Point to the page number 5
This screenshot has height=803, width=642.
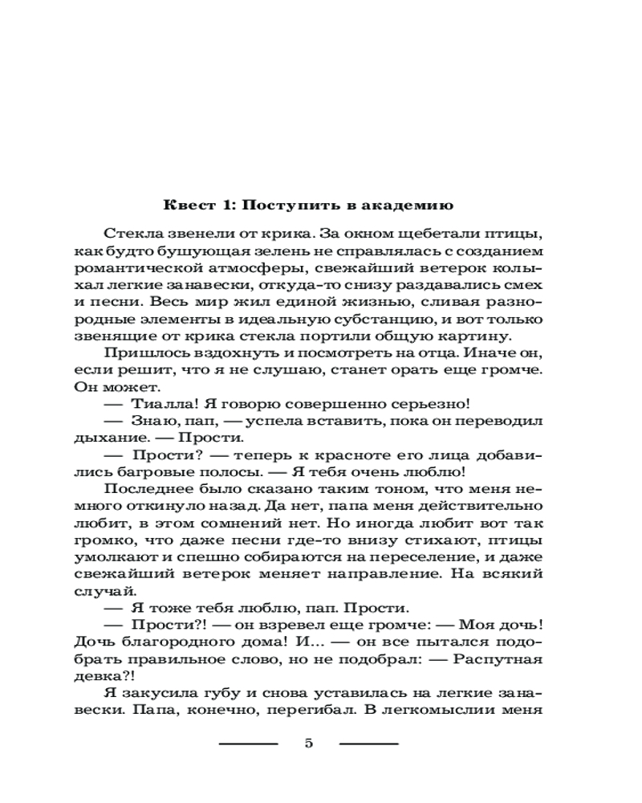click(x=309, y=743)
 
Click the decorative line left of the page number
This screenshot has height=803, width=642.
click(x=248, y=743)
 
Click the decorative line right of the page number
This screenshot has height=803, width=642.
click(x=368, y=743)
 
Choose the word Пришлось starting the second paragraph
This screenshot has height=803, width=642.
click(x=140, y=354)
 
